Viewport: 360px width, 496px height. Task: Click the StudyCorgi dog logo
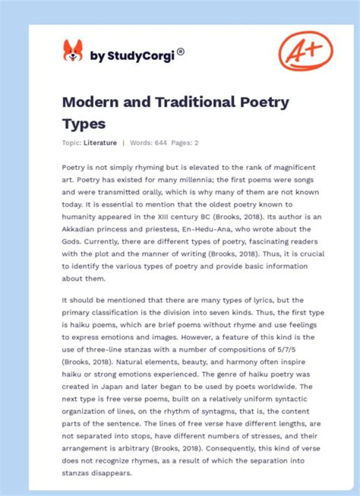tap(72, 50)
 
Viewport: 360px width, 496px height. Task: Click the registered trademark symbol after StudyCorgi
tap(180, 51)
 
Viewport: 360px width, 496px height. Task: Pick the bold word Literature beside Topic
tap(100, 143)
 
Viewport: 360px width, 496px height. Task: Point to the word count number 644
tap(159, 143)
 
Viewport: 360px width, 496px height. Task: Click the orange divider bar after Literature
tap(123, 143)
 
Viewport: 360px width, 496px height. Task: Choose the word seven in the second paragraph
tap(237, 313)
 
